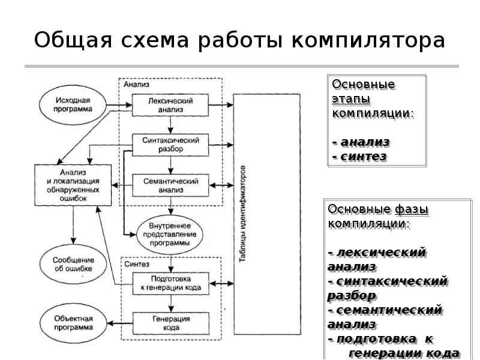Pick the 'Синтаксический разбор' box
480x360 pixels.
pos(170,145)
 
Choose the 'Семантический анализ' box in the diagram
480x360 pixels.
pos(170,184)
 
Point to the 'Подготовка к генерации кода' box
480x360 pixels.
pos(170,283)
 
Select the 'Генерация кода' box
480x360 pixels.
pos(170,323)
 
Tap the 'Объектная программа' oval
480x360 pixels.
pos(72,324)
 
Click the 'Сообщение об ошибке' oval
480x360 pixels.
pos(72,265)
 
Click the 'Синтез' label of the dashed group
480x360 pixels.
pos(136,263)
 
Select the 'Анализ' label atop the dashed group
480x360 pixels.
pos(136,85)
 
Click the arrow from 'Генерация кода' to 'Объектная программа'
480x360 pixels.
pos(118,323)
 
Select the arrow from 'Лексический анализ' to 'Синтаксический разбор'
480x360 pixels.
pos(171,125)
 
